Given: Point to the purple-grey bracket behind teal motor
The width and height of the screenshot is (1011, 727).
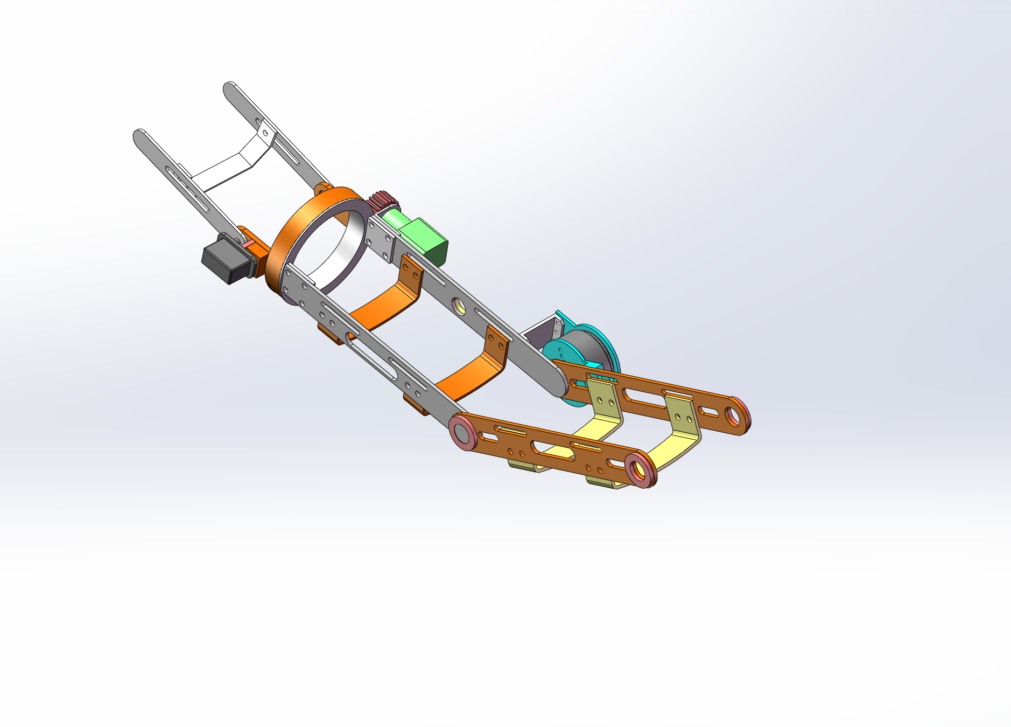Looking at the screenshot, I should point(541,331).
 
